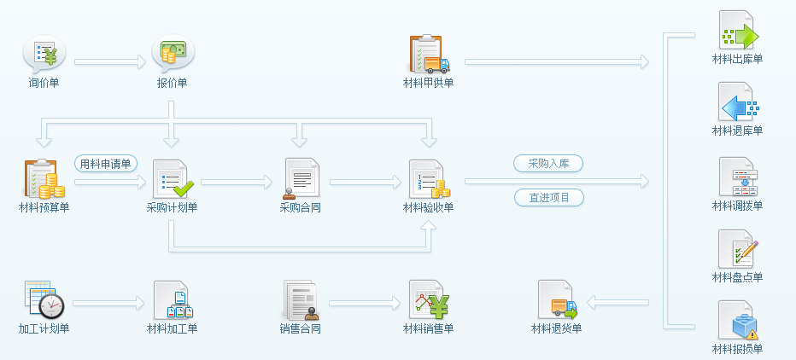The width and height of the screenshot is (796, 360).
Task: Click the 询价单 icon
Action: [44, 55]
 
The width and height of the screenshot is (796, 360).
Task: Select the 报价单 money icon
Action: [173, 55]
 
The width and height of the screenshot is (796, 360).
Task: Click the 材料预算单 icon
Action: [44, 179]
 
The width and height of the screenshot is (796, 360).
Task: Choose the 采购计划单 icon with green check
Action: [173, 179]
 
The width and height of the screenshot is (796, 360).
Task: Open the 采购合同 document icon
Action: [301, 179]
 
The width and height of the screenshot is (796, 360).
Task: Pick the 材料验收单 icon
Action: [429, 179]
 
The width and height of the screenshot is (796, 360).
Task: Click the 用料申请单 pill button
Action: [106, 164]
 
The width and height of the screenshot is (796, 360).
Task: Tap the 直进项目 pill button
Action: [548, 198]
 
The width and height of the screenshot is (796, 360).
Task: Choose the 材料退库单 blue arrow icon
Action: [737, 104]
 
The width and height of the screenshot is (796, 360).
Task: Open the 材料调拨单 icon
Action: [737, 178]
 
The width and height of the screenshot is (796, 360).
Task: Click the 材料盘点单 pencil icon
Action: [737, 251]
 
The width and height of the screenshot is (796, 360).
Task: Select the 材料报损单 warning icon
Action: [737, 322]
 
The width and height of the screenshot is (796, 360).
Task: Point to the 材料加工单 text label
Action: [173, 328]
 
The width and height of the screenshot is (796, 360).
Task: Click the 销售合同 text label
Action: [301, 328]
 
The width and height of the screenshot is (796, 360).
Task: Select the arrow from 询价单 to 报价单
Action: [110, 61]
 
